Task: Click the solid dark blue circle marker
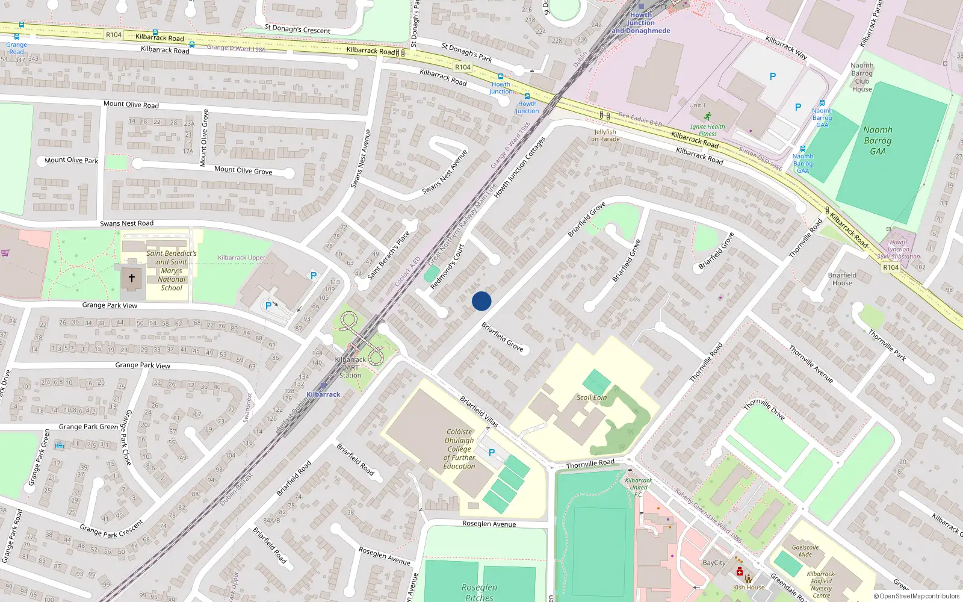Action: point(482,301)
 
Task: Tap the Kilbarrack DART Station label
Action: point(350,367)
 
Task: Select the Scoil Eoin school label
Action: point(592,397)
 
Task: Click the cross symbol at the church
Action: point(132,279)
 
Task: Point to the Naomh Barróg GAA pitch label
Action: point(878,140)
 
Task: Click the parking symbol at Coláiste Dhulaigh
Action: point(492,453)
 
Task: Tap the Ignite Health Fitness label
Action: point(708,129)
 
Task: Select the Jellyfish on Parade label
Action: point(605,135)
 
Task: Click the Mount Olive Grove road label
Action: point(243,170)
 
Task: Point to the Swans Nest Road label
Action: point(126,223)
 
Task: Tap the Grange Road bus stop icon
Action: point(17,37)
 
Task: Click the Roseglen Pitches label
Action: point(479,592)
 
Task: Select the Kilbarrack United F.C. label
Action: point(639,488)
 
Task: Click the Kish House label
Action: point(748,587)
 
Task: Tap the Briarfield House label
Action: point(842,279)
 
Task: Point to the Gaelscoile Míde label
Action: point(805,551)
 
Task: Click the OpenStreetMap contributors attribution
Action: point(917,597)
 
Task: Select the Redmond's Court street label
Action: point(447,266)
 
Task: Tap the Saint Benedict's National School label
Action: point(172,271)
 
